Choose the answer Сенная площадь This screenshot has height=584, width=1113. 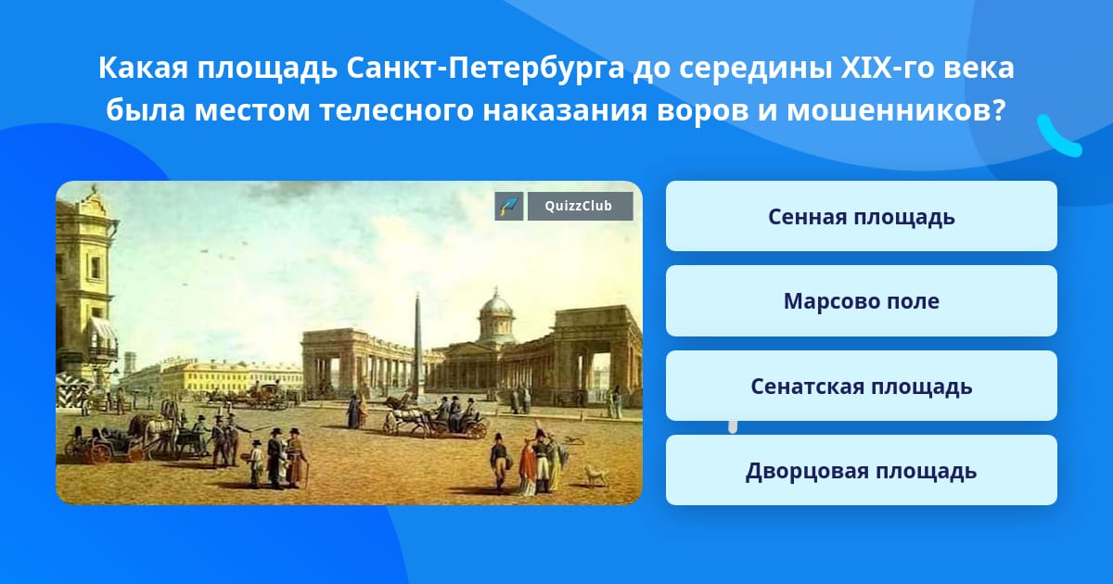(x=861, y=217)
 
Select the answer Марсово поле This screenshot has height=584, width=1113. (x=861, y=301)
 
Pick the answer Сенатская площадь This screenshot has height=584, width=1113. (x=861, y=386)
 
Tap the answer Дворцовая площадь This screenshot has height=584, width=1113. (x=861, y=470)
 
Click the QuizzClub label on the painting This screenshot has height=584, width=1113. (x=580, y=206)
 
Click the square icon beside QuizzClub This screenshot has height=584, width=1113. (x=509, y=206)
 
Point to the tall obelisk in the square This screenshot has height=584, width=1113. (x=418, y=348)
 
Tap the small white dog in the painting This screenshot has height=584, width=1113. (x=596, y=476)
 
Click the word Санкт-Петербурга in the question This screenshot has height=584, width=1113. (x=485, y=68)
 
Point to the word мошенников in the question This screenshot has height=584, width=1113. (x=896, y=110)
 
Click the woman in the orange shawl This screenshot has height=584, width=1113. (x=527, y=468)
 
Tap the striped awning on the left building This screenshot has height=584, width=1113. (x=103, y=328)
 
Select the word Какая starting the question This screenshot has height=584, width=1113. (x=143, y=68)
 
